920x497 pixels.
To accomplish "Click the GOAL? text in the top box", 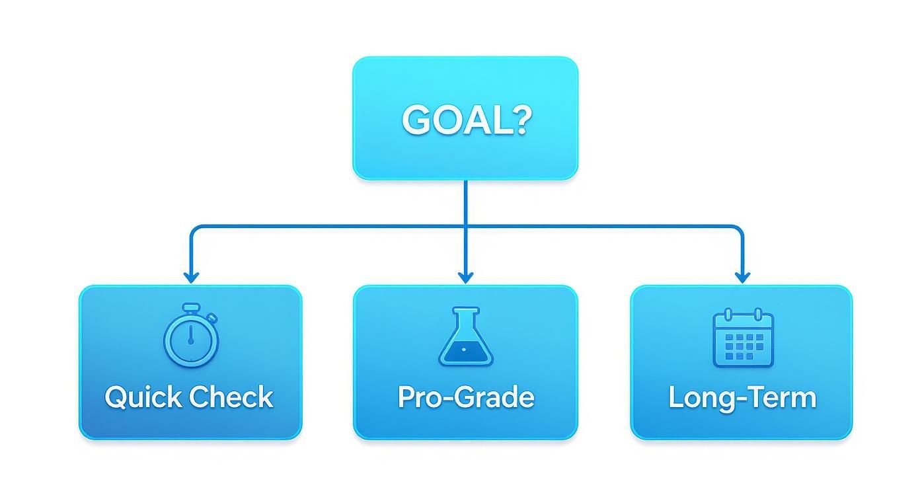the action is (466, 120).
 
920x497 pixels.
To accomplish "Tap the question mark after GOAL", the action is (521, 120).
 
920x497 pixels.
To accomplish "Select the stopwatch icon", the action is (191, 335).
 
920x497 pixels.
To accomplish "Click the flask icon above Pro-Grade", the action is (466, 336).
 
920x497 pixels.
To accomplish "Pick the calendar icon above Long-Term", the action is (744, 338).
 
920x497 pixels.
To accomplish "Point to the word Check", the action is (231, 397).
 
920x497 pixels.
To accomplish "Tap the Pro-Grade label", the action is (466, 397).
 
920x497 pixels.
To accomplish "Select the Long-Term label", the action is (743, 398).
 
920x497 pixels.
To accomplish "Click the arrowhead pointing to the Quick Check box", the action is (192, 278).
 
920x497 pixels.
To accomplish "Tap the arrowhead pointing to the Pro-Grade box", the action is (465, 278).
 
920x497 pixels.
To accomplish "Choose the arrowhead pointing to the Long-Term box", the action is (742, 278).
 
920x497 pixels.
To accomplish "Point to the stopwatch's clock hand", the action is (190, 335).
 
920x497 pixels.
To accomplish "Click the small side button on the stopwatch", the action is (212, 318).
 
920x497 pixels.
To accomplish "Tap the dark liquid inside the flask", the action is (466, 352).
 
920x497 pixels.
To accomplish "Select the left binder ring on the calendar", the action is (728, 315).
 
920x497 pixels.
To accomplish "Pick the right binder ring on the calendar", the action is (759, 315).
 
